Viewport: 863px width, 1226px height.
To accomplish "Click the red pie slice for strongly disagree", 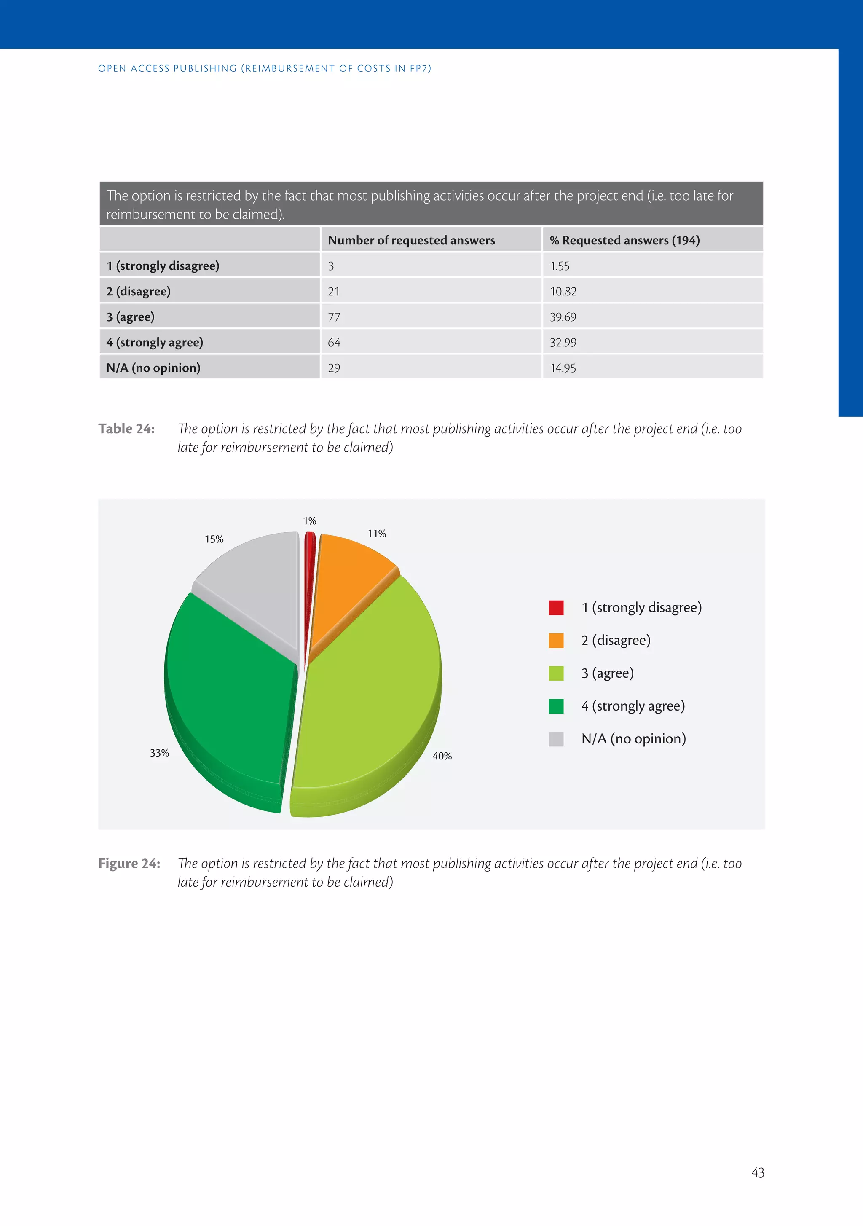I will [309, 577].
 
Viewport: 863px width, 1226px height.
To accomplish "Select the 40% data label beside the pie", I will [442, 756].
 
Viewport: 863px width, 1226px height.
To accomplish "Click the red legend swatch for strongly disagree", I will [556, 608].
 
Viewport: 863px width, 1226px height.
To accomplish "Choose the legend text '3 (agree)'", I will [608, 673].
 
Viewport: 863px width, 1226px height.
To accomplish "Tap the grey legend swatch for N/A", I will [556, 739].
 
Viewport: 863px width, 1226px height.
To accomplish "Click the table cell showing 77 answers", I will [334, 317].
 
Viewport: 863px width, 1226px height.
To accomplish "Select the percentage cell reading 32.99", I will [563, 343].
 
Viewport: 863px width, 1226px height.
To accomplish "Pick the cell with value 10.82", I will [563, 292].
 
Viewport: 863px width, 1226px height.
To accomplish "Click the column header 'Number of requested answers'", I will [411, 240].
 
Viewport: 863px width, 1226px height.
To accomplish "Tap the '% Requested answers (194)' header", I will [625, 240].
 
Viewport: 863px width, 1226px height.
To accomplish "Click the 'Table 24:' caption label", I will [126, 429].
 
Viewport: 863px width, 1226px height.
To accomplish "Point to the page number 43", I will [758, 1172].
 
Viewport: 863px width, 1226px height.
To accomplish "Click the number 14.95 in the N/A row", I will [563, 368].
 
